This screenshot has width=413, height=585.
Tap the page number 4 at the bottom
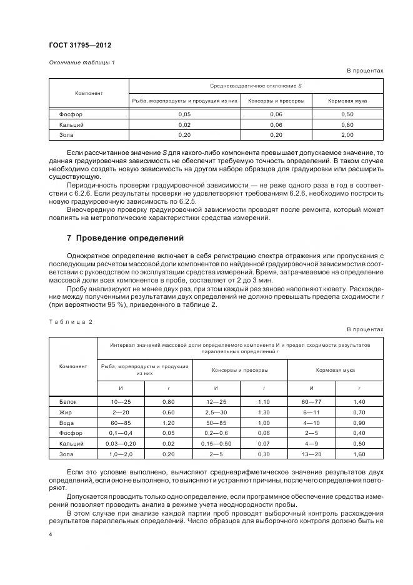click(x=50, y=534)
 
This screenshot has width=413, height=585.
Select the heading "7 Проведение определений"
click(x=124, y=238)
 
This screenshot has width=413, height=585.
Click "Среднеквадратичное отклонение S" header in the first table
click(x=256, y=85)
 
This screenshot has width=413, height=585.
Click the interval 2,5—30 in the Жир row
click(x=216, y=412)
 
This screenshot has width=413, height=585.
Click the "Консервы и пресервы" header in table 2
click(x=239, y=370)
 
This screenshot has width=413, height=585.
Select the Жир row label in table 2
click(x=66, y=412)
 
